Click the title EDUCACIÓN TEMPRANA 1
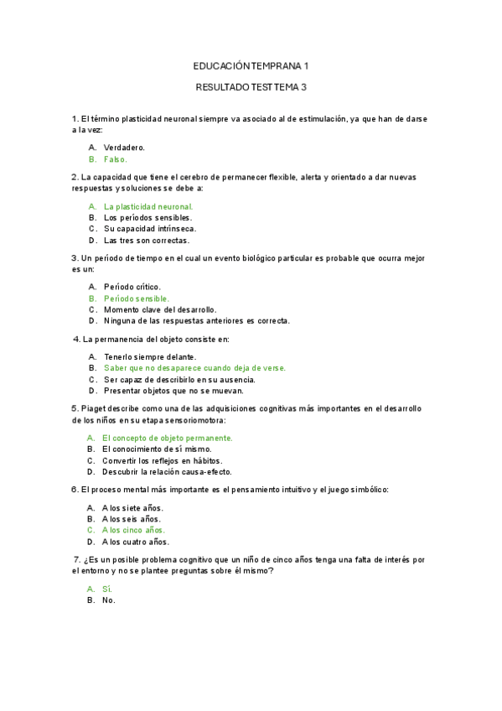click(251, 65)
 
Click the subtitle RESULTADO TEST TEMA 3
click(251, 86)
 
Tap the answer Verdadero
click(125, 147)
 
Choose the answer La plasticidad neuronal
click(148, 206)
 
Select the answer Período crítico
click(132, 287)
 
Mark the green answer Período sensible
click(137, 298)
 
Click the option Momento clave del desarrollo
click(160, 309)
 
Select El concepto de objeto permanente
click(167, 438)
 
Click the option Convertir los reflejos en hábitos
click(162, 460)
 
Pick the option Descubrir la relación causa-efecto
click(168, 472)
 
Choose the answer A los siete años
click(132, 507)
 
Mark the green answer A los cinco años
click(133, 530)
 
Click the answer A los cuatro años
click(135, 542)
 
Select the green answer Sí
click(106, 589)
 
